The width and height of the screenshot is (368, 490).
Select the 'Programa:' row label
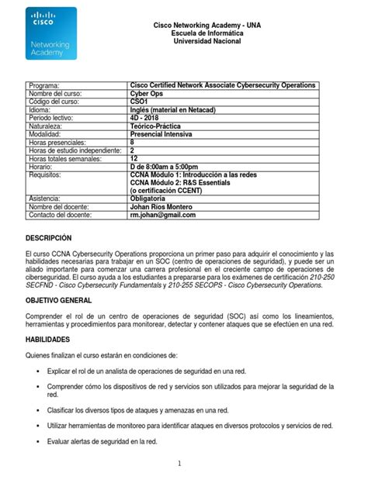tap(48, 85)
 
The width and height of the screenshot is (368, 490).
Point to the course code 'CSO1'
tap(141, 102)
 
